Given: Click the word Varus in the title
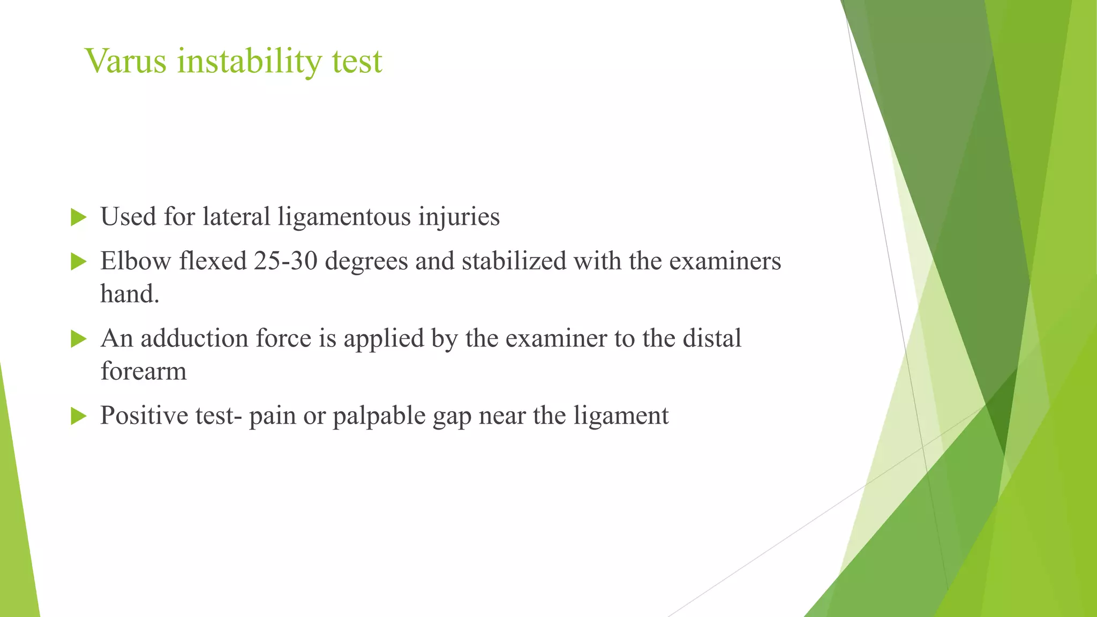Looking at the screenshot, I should coord(126,61).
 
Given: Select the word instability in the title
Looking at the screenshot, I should coord(249,61).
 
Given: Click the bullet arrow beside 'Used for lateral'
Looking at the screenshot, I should coord(78,217).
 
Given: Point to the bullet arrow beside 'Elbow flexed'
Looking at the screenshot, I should coord(78,262).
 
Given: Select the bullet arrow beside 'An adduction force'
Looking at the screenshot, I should coord(78,339).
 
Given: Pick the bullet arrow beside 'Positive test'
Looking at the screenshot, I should coord(78,416).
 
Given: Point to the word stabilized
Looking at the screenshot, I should coord(514,261).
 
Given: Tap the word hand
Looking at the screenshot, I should coord(129,294).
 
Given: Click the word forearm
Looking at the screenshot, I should coord(144,371).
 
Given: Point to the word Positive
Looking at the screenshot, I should coord(144,416).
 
